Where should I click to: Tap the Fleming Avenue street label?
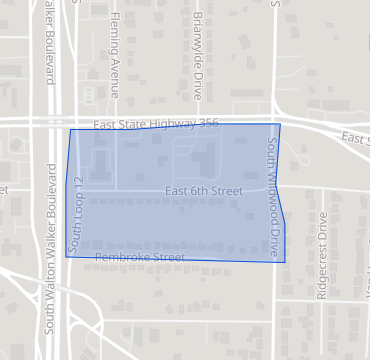point(114,55)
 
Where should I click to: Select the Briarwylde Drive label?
point(198,47)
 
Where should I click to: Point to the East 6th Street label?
point(204,190)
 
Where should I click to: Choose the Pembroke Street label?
point(140,258)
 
